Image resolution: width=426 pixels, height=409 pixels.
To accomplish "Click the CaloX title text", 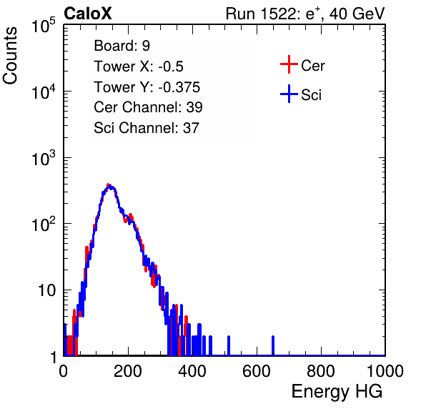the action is coord(88,14).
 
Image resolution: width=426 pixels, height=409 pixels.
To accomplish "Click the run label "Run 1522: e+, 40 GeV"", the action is coord(305,14).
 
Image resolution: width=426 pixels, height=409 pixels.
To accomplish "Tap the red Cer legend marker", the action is coord(289,64).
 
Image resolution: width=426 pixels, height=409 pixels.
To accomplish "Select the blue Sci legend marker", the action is coord(289,94).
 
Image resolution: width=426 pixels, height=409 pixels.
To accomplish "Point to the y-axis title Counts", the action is coord(10,55).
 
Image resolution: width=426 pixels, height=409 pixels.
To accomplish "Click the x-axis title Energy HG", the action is coord(337,391).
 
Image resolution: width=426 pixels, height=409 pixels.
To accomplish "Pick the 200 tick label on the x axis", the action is coord(128,371).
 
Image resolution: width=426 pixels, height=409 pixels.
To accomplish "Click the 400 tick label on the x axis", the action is coord(192,371).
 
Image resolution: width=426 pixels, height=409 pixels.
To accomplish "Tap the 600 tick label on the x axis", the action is coord(257,371).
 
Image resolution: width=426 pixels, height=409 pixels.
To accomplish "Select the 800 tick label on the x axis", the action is coord(321,371).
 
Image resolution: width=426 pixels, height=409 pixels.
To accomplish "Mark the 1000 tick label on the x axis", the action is coord(385,371).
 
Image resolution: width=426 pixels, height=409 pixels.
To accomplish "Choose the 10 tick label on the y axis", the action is coord(47,290).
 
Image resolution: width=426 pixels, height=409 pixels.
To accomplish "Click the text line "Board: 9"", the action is coord(122,46).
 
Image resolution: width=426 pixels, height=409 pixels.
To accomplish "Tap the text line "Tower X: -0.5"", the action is coord(139,66).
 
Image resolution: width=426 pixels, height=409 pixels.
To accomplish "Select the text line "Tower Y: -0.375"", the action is coord(147,87).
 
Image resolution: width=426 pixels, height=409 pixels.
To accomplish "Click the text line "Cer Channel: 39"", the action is coord(148,107).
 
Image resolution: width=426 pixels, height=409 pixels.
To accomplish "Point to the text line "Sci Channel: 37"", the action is coord(147,128).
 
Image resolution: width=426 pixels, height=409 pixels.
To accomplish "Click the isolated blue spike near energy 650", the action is coord(273,345).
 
